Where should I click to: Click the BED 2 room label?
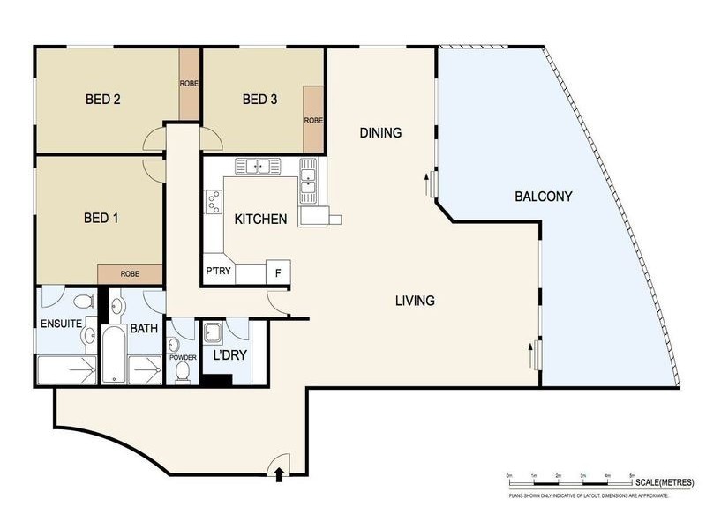pos(103,99)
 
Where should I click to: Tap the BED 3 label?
pos(260,99)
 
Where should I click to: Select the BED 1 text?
pos(101,218)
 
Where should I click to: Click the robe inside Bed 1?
pos(130,273)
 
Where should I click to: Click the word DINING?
pos(380,133)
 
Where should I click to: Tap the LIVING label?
pos(415,301)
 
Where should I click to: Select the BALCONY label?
pos(544,197)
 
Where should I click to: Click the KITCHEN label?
pos(260,219)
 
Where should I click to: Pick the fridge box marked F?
pos(278,272)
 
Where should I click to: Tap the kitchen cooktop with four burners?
pos(213,204)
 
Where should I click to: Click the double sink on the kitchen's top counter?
pos(257,166)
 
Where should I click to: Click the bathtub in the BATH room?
pos(113,355)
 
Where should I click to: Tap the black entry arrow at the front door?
pos(280,475)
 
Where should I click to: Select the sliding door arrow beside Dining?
pos(427,185)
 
